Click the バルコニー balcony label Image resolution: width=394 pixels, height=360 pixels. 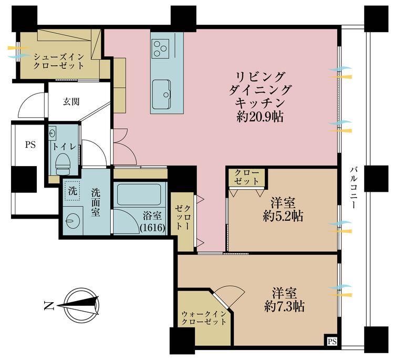[355, 188]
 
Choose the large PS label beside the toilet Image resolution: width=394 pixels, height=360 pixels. [29, 145]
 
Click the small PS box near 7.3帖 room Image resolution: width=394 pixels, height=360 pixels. [331, 342]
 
